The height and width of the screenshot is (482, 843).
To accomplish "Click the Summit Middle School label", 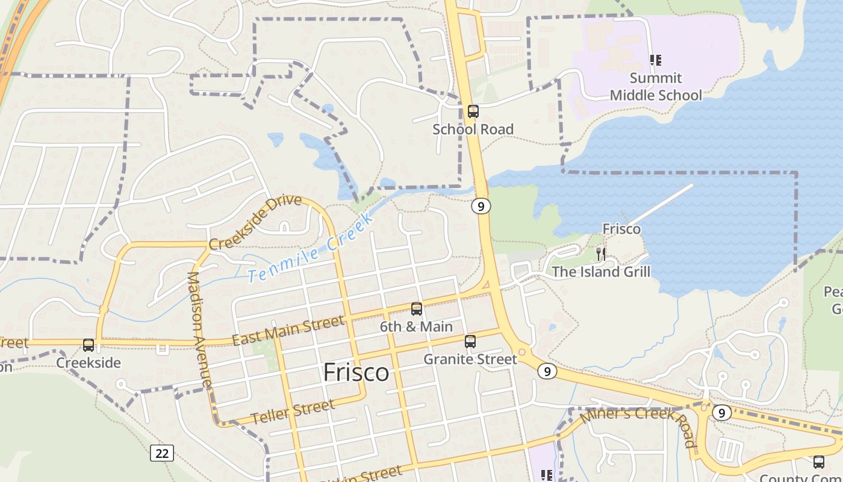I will (x=656, y=87).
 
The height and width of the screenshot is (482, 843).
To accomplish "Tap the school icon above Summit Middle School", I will (x=656, y=60).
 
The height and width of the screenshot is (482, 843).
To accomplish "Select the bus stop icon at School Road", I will (x=473, y=111).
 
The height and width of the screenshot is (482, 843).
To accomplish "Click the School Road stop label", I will (x=473, y=130).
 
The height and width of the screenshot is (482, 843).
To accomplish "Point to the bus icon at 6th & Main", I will (x=416, y=309).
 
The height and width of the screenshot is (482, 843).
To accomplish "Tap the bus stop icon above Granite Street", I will (x=470, y=342).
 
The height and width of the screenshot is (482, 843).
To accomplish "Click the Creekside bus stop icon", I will (x=89, y=345).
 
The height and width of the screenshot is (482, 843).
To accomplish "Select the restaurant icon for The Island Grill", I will (x=600, y=254).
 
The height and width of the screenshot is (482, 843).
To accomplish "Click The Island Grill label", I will (x=601, y=272).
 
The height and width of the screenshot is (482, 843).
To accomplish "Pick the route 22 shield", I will (x=162, y=452).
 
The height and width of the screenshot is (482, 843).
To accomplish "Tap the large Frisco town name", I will (x=356, y=372).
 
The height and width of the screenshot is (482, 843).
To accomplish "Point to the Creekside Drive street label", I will (x=255, y=221).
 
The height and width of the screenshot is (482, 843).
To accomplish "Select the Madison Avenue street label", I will (x=200, y=329).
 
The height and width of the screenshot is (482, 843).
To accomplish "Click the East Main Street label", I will (x=288, y=332).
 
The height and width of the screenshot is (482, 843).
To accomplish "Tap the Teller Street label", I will (x=293, y=412).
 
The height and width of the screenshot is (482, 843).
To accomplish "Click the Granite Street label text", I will (x=470, y=360).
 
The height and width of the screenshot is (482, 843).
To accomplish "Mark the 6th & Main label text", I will (x=416, y=327).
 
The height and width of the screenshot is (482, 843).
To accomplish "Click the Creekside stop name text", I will (x=89, y=363).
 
